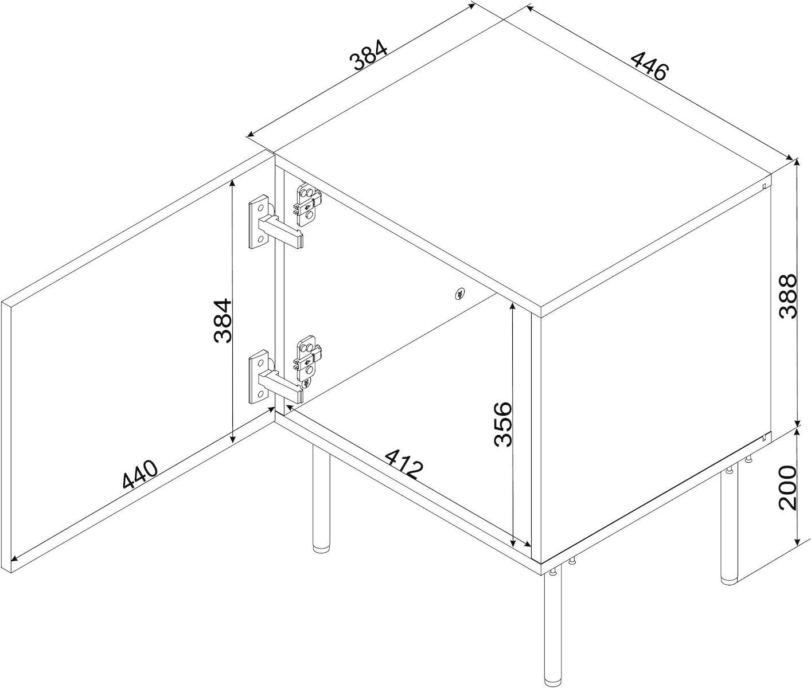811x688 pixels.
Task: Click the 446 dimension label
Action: (x=649, y=76)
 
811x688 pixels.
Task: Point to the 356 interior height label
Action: (x=502, y=424)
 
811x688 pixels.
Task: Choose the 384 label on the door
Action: (x=223, y=320)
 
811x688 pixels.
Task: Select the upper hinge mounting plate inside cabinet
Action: (x=307, y=204)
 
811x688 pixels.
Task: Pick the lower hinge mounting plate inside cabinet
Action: (x=307, y=357)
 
